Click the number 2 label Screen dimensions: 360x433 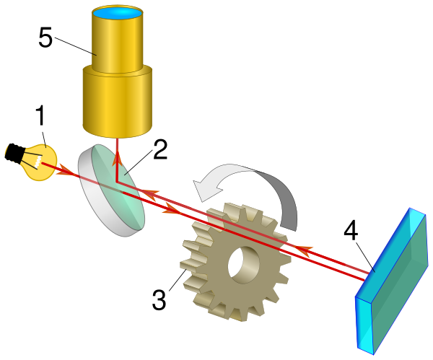tap(159, 150)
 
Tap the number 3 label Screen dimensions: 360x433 tap(160, 298)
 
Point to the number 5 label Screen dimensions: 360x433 tap(45, 38)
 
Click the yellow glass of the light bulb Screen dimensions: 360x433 tap(40, 160)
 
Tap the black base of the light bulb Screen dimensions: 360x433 tap(14, 152)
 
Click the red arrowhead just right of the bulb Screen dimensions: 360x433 tap(64, 172)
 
